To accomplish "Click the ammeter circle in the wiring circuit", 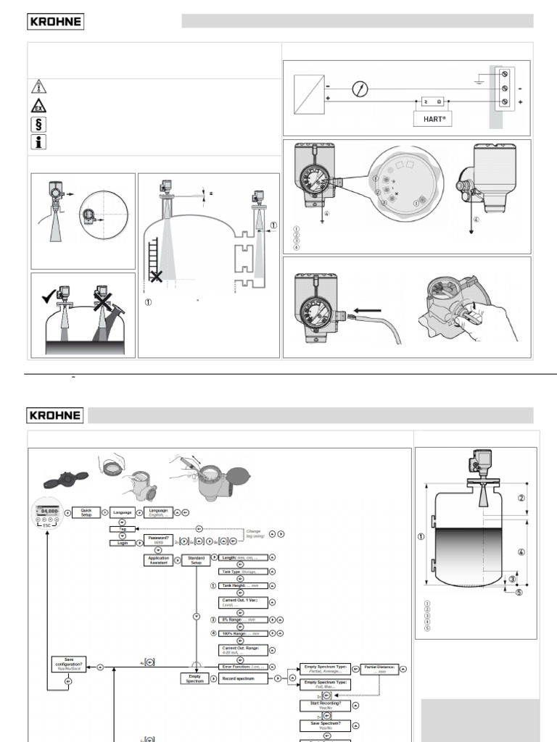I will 360,89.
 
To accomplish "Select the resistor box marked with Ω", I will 434,101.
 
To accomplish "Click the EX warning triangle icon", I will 38,105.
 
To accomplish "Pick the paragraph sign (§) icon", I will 38,123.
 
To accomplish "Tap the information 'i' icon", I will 38,141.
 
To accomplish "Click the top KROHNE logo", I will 56,22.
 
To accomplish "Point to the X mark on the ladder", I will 155,276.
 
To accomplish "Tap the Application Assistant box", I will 159,560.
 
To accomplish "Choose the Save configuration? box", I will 69,664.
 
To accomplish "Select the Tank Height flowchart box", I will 243,585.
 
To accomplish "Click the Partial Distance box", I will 379,668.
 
